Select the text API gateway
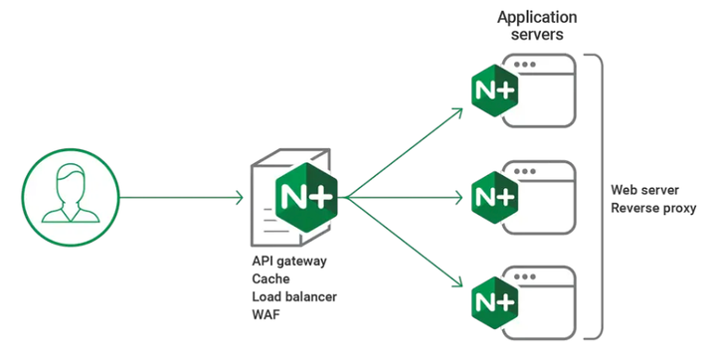coord(289,261)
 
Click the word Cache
coord(271,279)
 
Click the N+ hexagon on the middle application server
coord(493,193)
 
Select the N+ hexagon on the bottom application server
coord(493,297)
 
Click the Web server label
coord(643,189)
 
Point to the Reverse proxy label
coord(653,208)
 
